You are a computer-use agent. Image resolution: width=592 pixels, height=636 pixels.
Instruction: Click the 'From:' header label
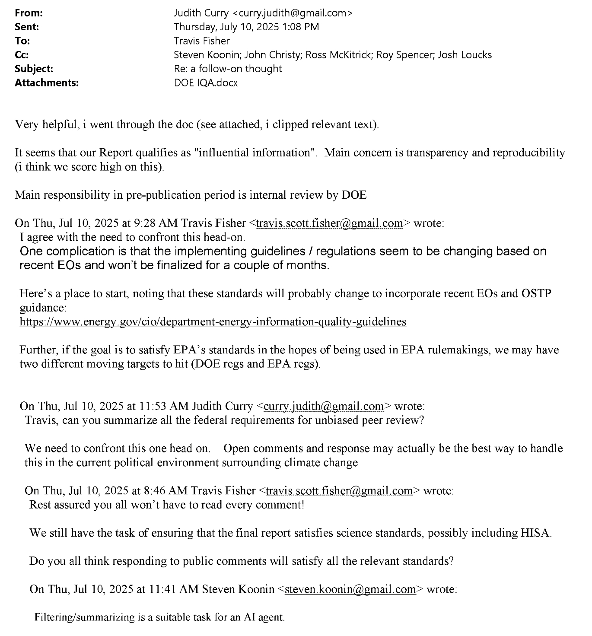click(29, 13)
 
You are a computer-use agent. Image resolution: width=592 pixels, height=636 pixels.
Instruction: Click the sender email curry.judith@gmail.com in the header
click(289, 13)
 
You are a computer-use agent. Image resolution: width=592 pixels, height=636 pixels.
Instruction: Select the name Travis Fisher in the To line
click(202, 41)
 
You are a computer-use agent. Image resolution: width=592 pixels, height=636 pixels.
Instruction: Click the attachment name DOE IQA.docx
click(206, 83)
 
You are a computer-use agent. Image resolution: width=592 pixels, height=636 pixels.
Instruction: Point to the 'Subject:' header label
click(34, 69)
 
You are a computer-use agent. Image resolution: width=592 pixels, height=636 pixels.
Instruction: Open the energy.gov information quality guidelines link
click(213, 322)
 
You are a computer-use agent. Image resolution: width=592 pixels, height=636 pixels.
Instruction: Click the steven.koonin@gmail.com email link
click(350, 589)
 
